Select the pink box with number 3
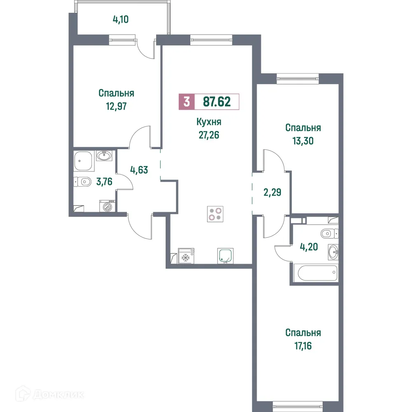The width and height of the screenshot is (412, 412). [x=187, y=101]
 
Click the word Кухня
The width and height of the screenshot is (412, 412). [x=209, y=122]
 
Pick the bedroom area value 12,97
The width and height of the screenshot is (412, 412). [x=116, y=105]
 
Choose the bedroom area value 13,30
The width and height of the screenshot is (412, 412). [x=303, y=140]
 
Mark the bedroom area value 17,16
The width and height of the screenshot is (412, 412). [x=303, y=345]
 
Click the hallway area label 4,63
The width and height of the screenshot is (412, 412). [x=139, y=171]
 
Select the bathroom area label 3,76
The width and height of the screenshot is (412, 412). [x=105, y=181]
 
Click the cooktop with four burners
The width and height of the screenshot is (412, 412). [x=215, y=213]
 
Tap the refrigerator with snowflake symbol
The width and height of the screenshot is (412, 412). [x=185, y=256]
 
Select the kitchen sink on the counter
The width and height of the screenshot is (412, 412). [x=225, y=255]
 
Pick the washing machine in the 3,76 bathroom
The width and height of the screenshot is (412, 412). [x=107, y=206]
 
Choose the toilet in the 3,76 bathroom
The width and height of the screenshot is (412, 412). [x=83, y=182]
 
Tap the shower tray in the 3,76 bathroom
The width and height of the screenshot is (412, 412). [x=84, y=161]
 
